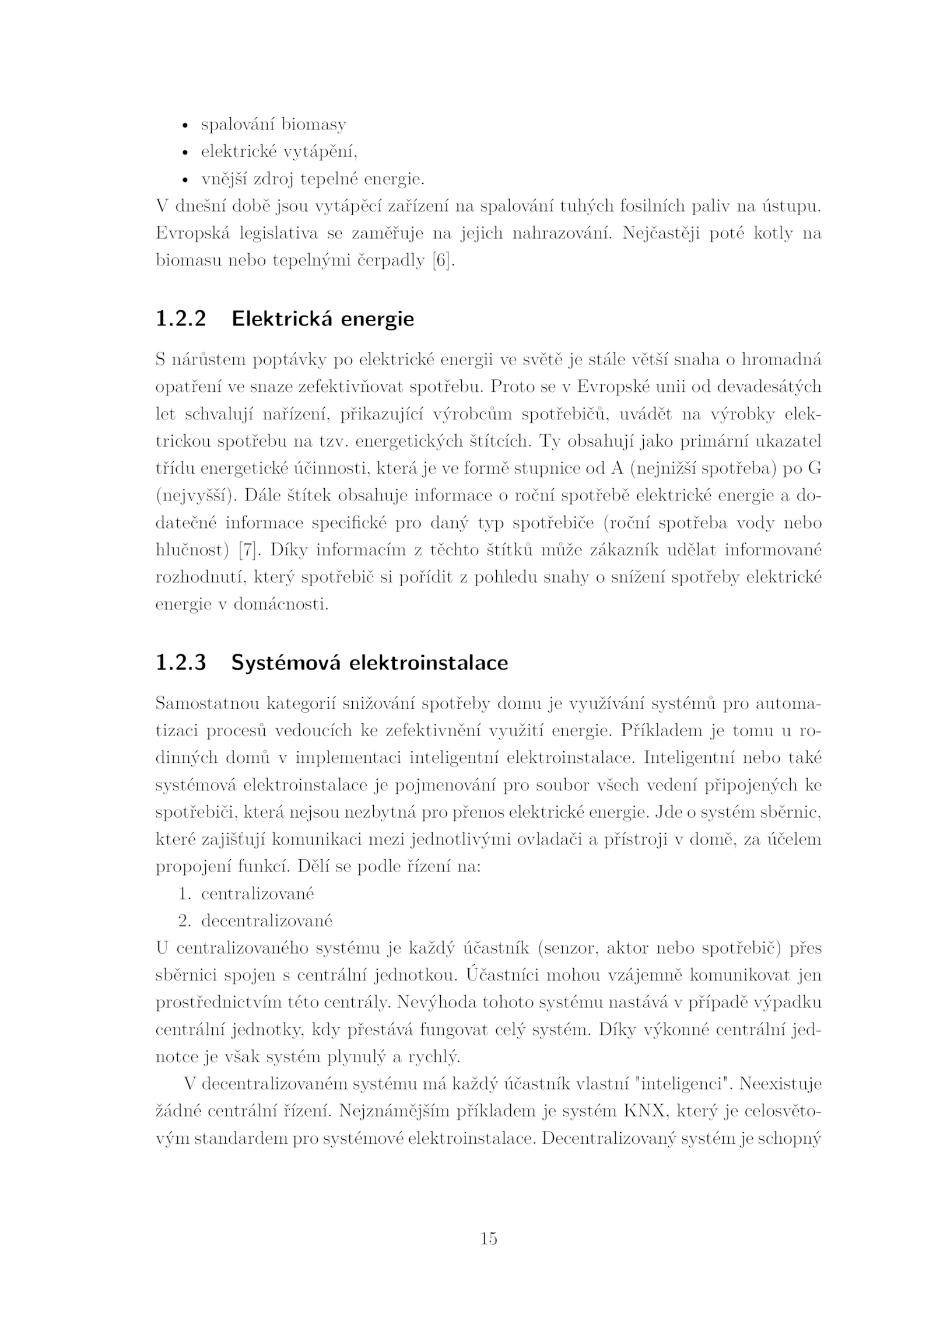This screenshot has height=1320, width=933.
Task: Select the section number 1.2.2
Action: point(181,319)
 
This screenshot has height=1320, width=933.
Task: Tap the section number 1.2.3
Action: point(181,663)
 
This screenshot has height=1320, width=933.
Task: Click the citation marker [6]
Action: point(443,261)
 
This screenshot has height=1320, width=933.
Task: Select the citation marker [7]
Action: point(248,550)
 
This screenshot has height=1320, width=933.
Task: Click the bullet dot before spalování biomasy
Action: point(186,126)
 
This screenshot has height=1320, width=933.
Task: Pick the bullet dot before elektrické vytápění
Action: point(186,153)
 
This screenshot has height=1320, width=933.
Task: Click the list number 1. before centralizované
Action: point(185,894)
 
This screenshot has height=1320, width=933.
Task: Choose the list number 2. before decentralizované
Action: point(185,921)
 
